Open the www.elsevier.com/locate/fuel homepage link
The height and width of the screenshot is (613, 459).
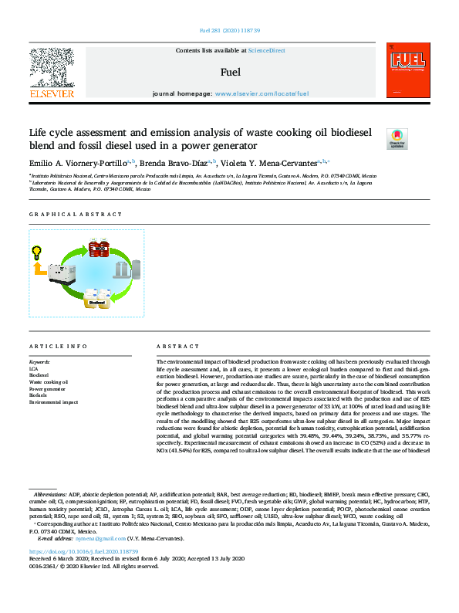pos(262,93)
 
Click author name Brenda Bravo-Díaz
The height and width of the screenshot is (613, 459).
pos(175,163)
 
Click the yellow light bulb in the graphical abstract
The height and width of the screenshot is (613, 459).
pos(36,252)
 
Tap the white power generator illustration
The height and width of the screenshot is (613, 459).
pos(61,274)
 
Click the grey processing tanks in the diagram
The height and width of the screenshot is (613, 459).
pos(123,269)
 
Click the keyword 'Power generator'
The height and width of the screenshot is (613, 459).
pos(49,389)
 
